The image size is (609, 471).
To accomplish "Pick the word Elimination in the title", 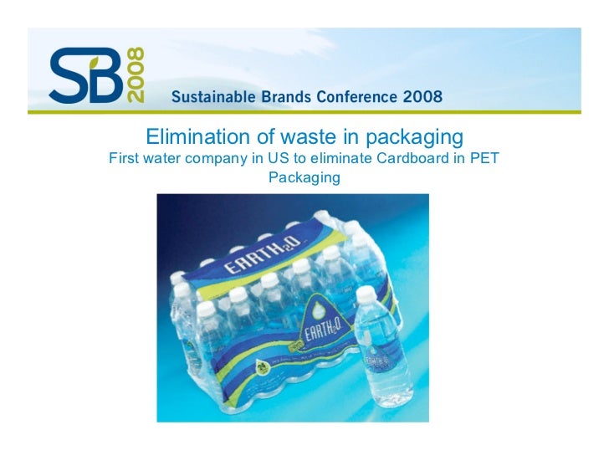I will [191, 136].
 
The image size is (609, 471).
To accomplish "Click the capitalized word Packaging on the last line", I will [304, 177].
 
